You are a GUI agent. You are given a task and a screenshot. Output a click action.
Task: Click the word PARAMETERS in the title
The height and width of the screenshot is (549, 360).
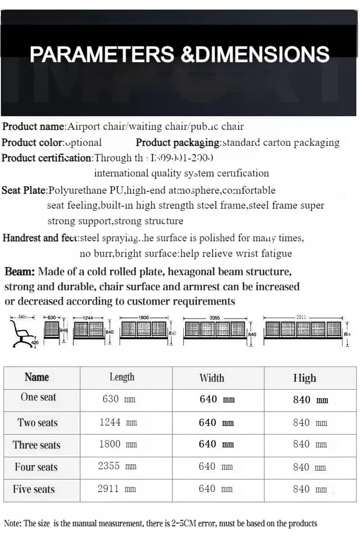tap(102, 54)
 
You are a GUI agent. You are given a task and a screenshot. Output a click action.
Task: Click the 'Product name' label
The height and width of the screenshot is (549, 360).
tap(33, 126)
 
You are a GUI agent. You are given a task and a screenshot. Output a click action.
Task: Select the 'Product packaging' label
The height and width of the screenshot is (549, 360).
tap(178, 142)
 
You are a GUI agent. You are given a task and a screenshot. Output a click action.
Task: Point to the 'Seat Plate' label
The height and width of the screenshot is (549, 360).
tap(24, 190)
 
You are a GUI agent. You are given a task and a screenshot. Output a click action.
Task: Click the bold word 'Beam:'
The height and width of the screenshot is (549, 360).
tap(20, 272)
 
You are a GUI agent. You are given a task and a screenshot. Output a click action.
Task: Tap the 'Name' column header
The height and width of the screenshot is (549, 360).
tap(37, 377)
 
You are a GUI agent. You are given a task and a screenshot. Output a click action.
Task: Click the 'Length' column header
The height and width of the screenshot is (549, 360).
tap(122, 377)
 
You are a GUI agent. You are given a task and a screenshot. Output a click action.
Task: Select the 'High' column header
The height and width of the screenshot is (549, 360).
tap(304, 378)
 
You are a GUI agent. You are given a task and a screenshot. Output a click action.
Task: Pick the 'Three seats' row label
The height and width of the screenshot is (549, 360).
tap(36, 445)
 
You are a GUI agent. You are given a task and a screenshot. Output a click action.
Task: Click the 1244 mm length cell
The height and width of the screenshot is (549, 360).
tap(118, 422)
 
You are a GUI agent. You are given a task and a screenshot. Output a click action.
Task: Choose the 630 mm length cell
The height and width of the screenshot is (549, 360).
tap(119, 400)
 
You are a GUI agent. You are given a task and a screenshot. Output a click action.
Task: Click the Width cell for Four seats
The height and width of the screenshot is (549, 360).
tap(216, 467)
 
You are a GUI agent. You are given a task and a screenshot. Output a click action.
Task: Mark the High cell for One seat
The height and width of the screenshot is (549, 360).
tap(310, 400)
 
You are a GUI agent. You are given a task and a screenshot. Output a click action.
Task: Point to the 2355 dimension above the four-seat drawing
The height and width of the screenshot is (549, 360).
tap(215, 318)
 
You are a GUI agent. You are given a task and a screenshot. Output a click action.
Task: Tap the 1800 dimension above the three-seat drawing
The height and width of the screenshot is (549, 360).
tap(144, 318)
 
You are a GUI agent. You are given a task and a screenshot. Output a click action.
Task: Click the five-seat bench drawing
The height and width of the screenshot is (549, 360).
tap(303, 329)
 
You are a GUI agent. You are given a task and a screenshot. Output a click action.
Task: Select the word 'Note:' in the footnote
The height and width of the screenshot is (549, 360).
tap(12, 523)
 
